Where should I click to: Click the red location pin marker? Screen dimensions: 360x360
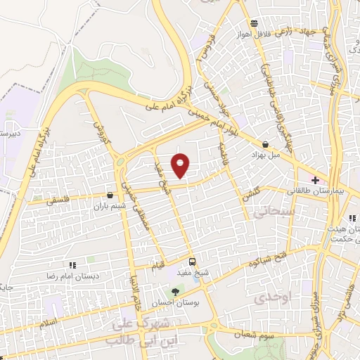pos(181,165)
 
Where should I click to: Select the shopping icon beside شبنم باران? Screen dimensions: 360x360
pos(109,195)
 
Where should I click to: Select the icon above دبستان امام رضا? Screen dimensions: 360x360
pos(72,265)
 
